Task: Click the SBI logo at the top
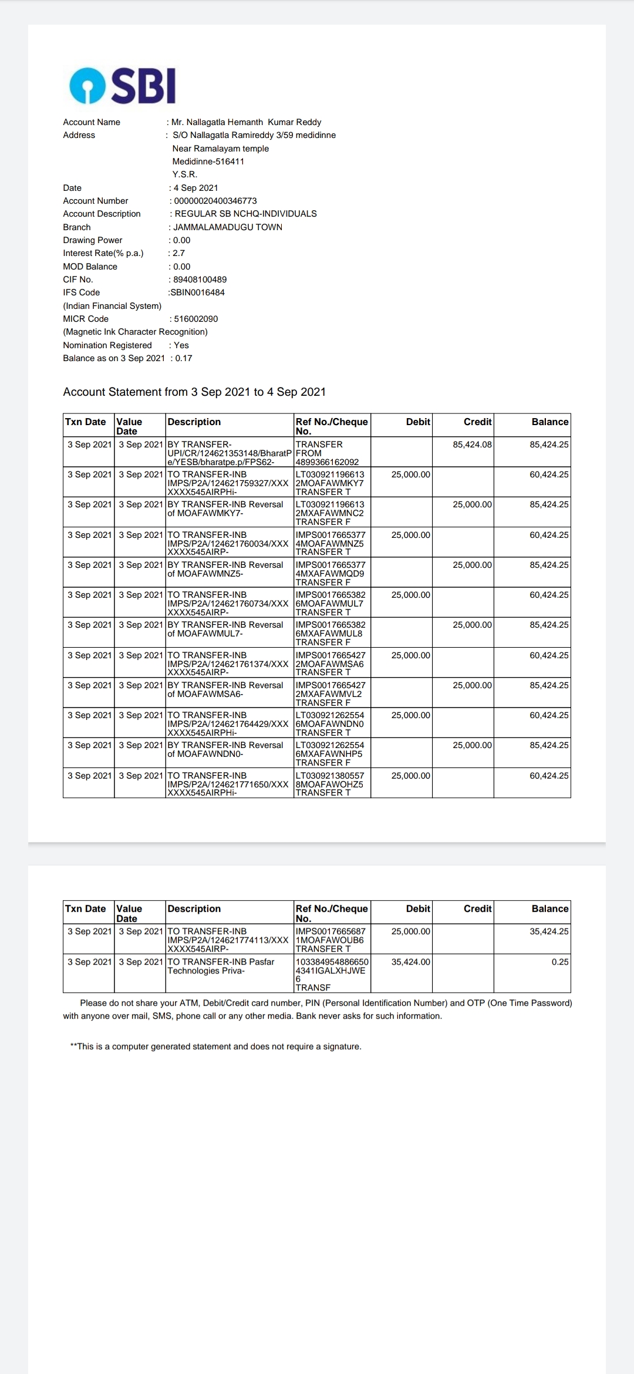click(x=122, y=86)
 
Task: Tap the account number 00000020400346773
click(x=215, y=201)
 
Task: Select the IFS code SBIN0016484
click(x=197, y=292)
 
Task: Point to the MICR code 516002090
click(x=196, y=319)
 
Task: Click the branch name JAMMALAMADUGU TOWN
click(x=228, y=227)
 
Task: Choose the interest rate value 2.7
click(x=178, y=253)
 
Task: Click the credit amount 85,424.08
click(x=472, y=444)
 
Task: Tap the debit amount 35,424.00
click(x=411, y=962)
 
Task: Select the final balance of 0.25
click(x=560, y=962)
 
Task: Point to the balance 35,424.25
click(x=549, y=931)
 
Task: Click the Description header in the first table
click(x=194, y=422)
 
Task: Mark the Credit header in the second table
click(x=477, y=908)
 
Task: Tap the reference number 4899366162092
click(x=327, y=462)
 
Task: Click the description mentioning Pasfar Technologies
click(x=221, y=966)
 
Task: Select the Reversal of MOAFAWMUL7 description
click(x=225, y=629)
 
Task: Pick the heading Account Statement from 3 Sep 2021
click(x=194, y=392)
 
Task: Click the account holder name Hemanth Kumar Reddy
click(x=247, y=122)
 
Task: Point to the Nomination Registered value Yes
click(x=181, y=345)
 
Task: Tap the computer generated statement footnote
click(x=215, y=1046)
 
